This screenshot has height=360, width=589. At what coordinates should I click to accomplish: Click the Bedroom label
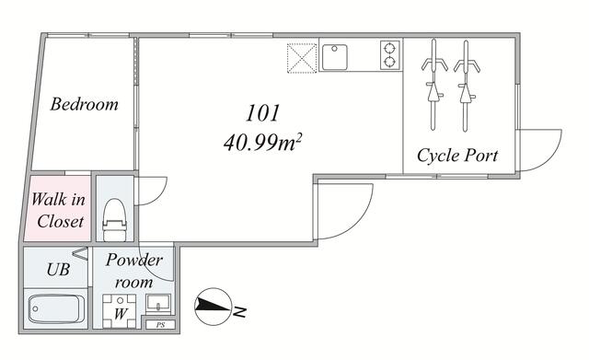click(x=84, y=104)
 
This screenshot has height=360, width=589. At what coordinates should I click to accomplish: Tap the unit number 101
click(x=263, y=112)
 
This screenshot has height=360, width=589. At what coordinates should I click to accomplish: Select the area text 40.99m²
click(x=263, y=143)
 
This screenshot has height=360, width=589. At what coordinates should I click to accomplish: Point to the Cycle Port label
click(x=457, y=156)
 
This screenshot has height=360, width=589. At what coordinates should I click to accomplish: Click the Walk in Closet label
click(x=59, y=210)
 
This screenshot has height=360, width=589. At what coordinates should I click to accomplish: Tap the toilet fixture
click(x=114, y=220)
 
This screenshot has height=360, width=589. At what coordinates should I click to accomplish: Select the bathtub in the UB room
click(x=56, y=308)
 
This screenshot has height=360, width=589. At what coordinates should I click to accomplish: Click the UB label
click(x=58, y=269)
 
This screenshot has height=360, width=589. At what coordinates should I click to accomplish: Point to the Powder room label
click(x=133, y=271)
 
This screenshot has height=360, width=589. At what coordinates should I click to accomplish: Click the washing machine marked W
click(x=120, y=311)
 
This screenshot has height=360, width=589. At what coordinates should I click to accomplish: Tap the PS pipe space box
click(x=160, y=325)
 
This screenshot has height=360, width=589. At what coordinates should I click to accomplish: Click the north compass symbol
click(x=213, y=307)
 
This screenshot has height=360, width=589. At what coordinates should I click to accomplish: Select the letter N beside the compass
click(x=239, y=312)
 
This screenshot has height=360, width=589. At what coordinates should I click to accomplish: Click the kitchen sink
click(x=334, y=57)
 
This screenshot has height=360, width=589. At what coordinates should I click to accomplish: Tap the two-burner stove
click(x=390, y=55)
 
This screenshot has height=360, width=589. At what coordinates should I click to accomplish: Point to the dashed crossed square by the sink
click(x=302, y=58)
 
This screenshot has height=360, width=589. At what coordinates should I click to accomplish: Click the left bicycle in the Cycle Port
click(x=433, y=85)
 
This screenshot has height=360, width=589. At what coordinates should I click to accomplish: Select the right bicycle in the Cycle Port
click(x=467, y=86)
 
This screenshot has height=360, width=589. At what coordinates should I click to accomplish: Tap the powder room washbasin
click(x=158, y=304)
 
